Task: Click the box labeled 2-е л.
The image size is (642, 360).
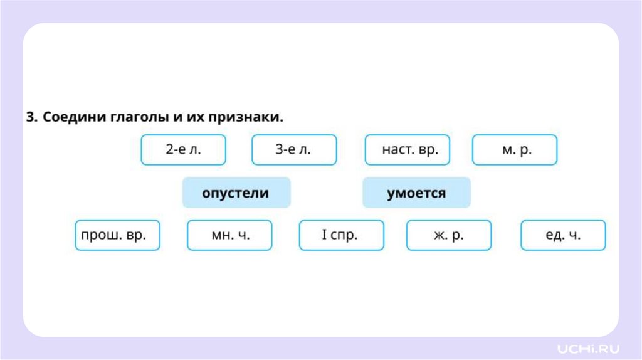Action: pyautogui.click(x=183, y=150)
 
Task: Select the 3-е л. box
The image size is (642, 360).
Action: pyautogui.click(x=293, y=150)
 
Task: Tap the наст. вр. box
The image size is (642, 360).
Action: pyautogui.click(x=407, y=150)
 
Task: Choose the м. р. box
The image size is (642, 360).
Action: pyautogui.click(x=514, y=150)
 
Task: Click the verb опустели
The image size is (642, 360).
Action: pyautogui.click(x=236, y=193)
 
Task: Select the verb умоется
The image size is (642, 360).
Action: pyautogui.click(x=416, y=193)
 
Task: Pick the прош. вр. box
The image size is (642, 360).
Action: pyautogui.click(x=117, y=235)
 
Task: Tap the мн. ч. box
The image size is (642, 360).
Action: pyautogui.click(x=229, y=235)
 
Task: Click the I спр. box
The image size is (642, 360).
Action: pyautogui.click(x=341, y=235)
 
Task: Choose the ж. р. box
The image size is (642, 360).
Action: pyautogui.click(x=449, y=235)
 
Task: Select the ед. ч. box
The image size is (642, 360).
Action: pyautogui.click(x=563, y=235)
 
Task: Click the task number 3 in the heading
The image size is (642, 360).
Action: pyautogui.click(x=30, y=117)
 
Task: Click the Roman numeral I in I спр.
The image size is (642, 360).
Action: pyautogui.click(x=324, y=235)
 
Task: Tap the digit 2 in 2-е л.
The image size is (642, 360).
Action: pyautogui.click(x=169, y=150)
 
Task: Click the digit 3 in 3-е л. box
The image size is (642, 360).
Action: pyautogui.click(x=280, y=150)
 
